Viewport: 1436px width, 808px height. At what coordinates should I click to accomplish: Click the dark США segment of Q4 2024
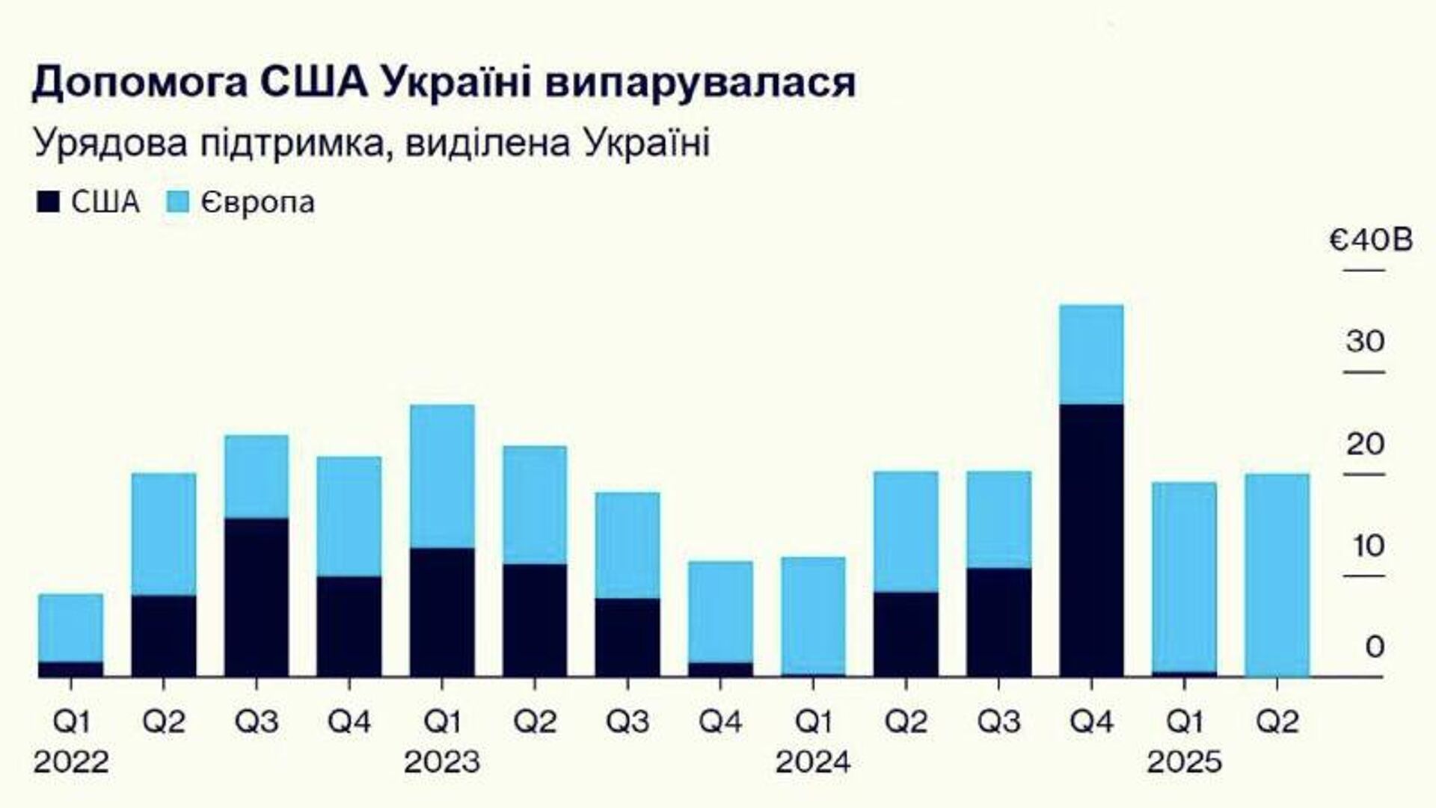1091,540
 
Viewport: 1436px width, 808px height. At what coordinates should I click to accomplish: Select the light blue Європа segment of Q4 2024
1091,354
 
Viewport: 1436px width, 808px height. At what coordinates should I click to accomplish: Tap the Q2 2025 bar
1277,575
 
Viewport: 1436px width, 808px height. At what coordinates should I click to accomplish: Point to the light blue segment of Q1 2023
441,476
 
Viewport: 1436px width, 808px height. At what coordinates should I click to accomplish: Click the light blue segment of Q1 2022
70,627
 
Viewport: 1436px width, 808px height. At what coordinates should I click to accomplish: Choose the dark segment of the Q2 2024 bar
906,634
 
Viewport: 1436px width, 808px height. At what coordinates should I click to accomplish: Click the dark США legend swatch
47,203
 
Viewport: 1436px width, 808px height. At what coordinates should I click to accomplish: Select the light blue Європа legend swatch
176,203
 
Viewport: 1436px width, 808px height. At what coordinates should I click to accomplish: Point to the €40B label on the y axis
1370,241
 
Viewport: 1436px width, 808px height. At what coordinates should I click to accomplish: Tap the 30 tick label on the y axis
1366,342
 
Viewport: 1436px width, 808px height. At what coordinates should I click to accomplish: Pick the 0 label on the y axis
1375,647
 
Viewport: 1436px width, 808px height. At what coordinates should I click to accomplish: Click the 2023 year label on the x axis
441,762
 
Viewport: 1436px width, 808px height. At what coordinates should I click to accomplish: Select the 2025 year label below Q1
1185,762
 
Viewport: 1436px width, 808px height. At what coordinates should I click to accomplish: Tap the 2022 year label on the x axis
71,762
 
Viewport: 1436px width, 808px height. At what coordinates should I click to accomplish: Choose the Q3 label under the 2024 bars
998,722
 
